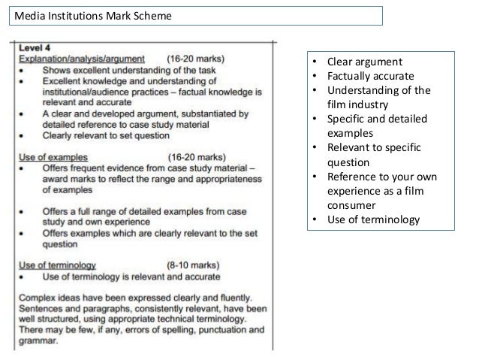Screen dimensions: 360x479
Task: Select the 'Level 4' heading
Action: [x=34, y=47]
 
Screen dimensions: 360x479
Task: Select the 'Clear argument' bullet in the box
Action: [x=364, y=62]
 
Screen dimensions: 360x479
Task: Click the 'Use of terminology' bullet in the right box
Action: [x=375, y=219]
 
